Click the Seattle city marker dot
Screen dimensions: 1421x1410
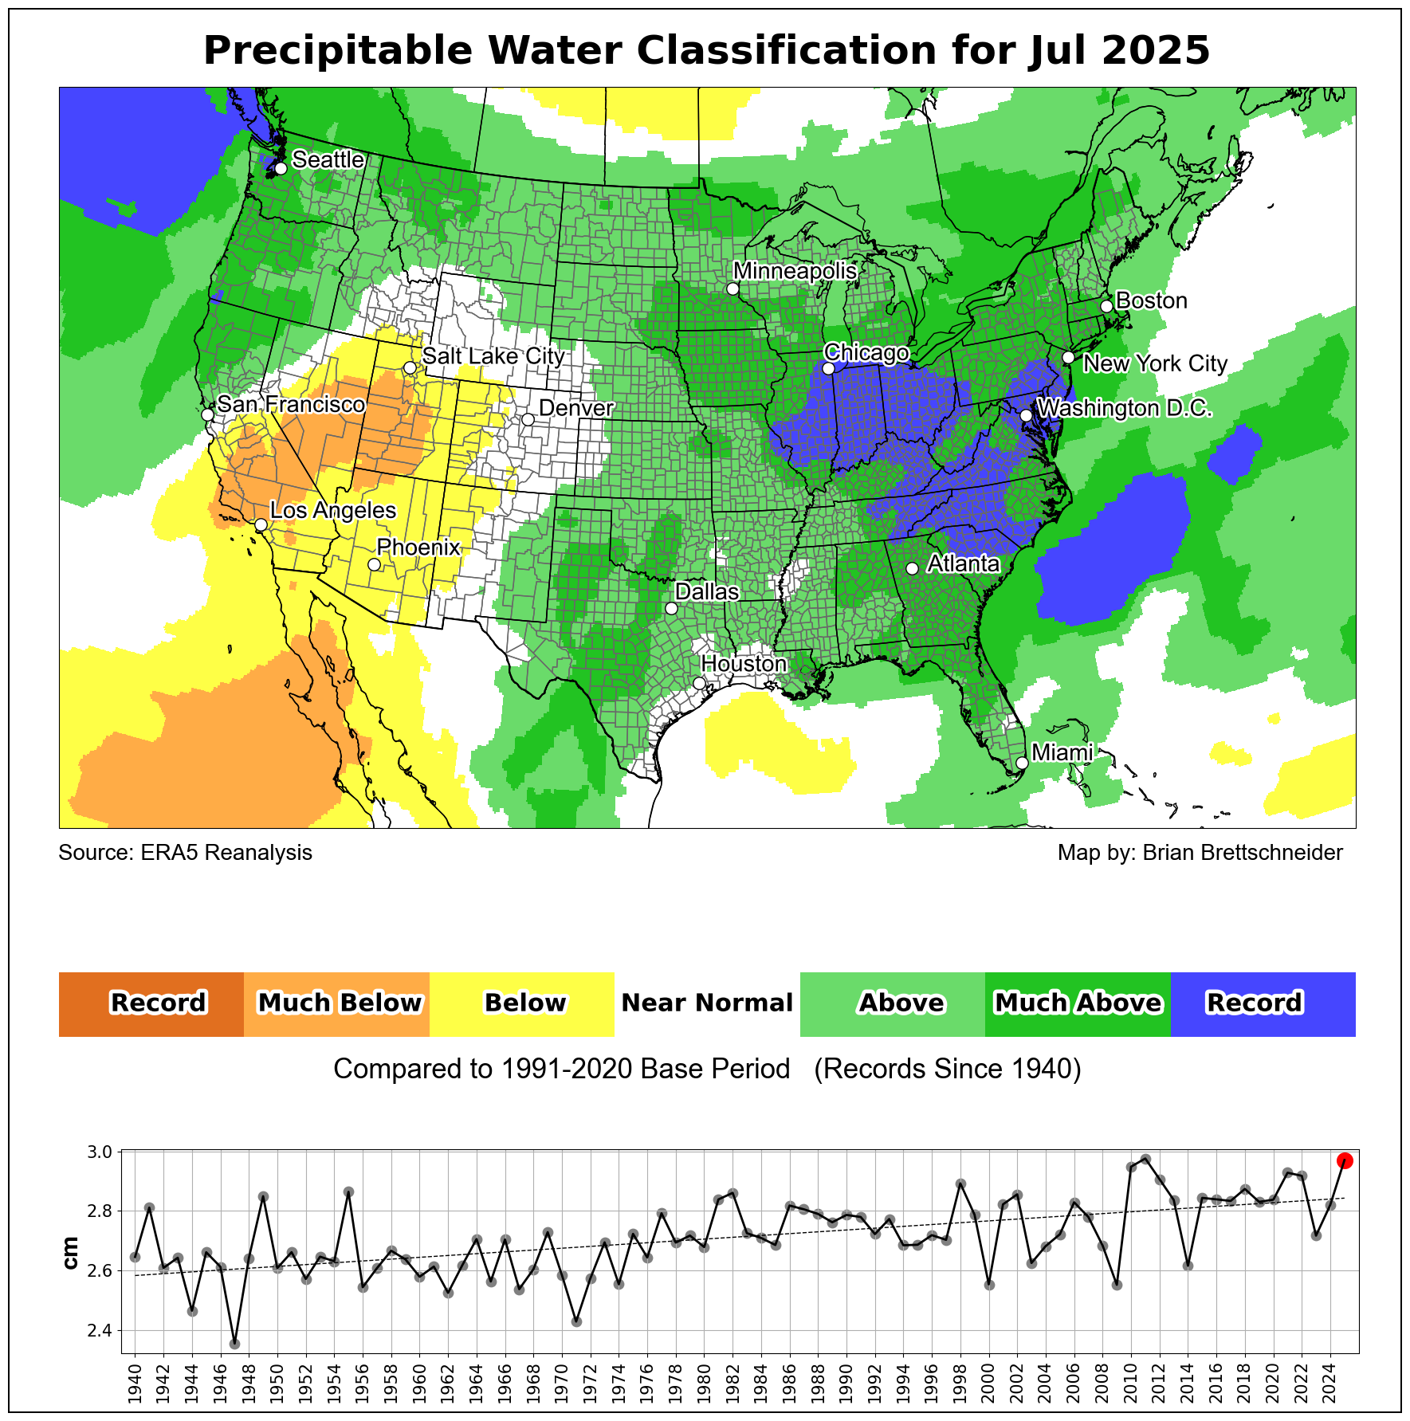(x=281, y=168)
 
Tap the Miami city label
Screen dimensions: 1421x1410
(x=1062, y=752)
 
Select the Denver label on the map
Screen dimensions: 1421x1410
(x=575, y=408)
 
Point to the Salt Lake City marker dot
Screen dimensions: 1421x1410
(x=410, y=367)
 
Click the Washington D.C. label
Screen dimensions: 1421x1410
(x=1125, y=408)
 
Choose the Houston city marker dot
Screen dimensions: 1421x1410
(x=699, y=683)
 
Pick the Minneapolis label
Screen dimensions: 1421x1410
(x=795, y=271)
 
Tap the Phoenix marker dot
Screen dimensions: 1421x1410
(x=374, y=564)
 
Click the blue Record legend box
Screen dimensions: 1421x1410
(x=1263, y=1003)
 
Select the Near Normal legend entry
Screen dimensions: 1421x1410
(x=707, y=1003)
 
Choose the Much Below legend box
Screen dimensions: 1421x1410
(x=337, y=1003)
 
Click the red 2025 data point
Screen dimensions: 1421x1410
(x=1345, y=1160)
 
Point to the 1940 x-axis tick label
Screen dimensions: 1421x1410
(x=135, y=1383)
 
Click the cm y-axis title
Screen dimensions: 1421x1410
(x=71, y=1252)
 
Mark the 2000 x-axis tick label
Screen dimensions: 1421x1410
(x=989, y=1383)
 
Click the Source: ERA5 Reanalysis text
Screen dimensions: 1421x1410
(x=185, y=853)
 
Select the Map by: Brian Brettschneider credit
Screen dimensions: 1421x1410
(x=1200, y=853)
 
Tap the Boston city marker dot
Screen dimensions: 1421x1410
(x=1106, y=306)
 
